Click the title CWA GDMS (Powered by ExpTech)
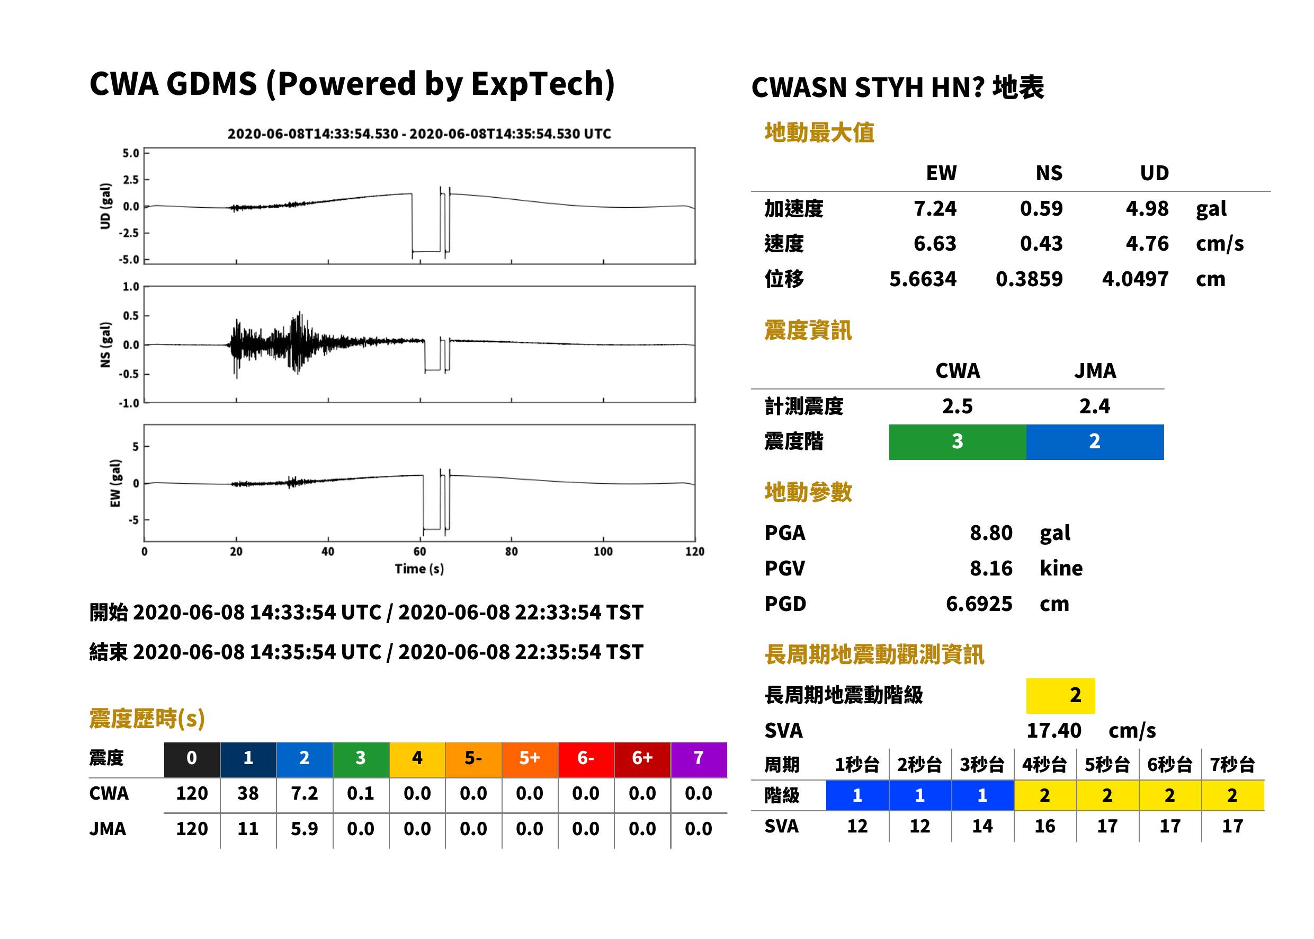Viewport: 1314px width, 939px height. pos(351,84)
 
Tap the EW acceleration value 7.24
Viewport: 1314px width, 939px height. pos(934,209)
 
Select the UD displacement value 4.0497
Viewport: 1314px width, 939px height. pos(1135,279)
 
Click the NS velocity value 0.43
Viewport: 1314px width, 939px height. pos(1041,244)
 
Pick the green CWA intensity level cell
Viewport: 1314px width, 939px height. pos(957,442)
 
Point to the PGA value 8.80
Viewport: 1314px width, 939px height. pos(991,533)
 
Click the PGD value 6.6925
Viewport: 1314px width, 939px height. pos(979,604)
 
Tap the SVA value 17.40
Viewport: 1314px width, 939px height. pos(1053,731)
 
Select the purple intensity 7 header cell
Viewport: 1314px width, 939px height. pos(699,759)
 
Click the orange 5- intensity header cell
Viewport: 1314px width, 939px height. pos(473,759)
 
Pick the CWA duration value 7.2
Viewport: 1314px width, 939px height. pos(305,794)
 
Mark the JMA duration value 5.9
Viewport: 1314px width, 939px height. pos(305,829)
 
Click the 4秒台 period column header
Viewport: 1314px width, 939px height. pos(1044,765)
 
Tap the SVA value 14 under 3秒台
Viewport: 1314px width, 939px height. pos(982,826)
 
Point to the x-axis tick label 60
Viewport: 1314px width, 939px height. pos(419,552)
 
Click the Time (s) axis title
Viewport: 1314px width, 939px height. pos(419,569)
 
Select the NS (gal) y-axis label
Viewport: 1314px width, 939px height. pos(105,344)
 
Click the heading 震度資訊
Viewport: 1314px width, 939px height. pos(808,331)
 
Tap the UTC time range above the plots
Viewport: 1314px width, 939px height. pos(419,134)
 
